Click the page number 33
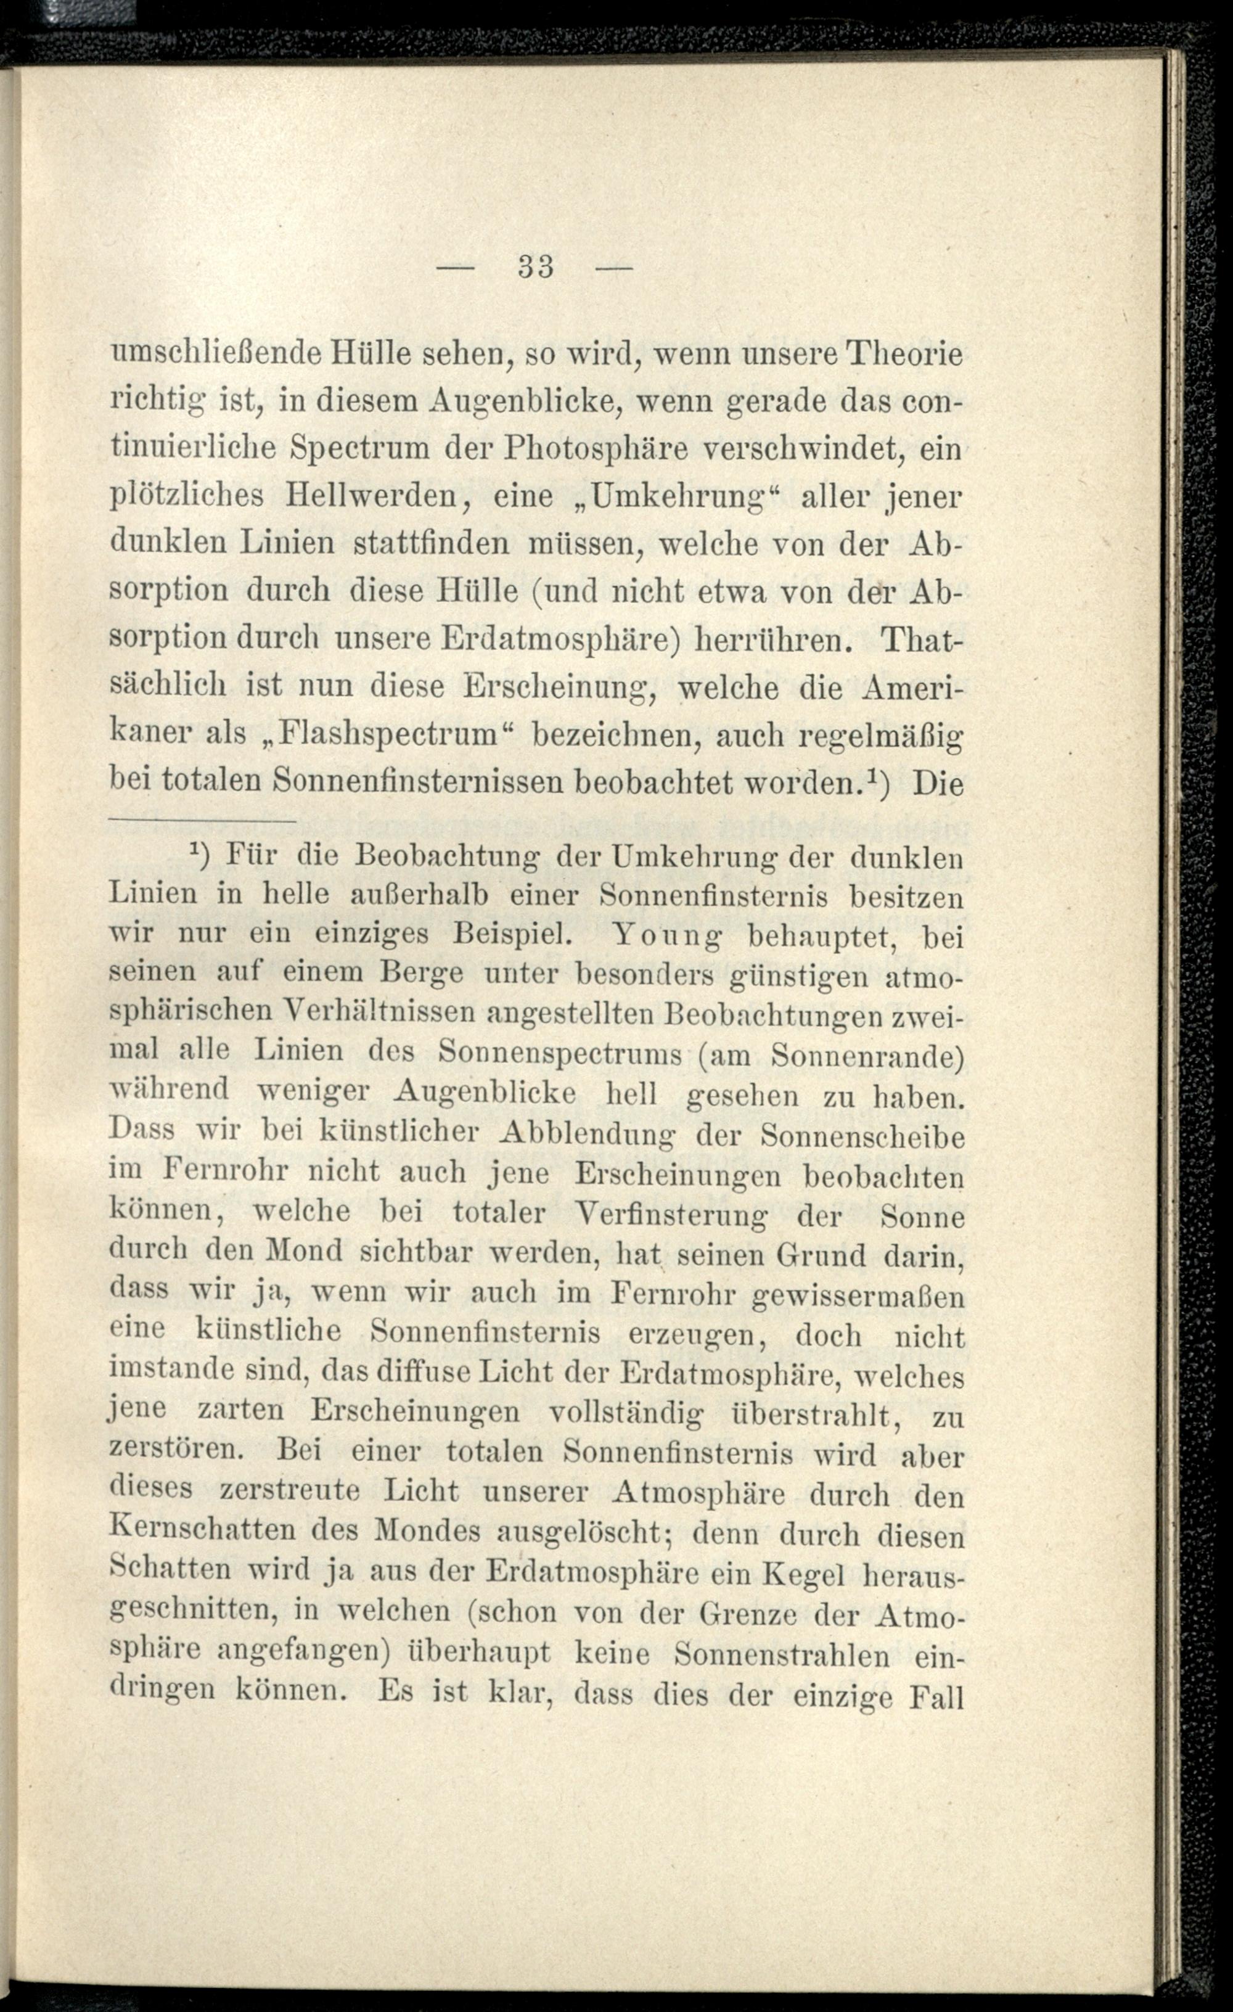point(536,268)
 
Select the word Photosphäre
point(583,449)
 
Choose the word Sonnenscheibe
point(861,1135)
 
